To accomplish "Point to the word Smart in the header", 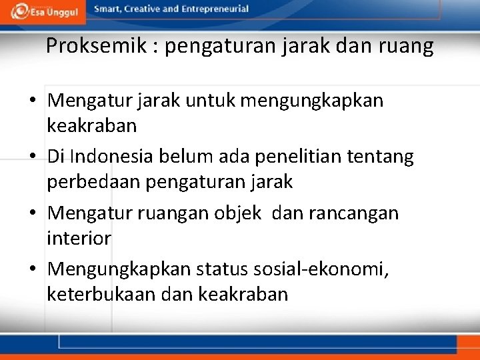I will pos(107,9).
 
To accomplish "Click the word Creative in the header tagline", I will pos(147,9).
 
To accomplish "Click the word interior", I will pos(79,237).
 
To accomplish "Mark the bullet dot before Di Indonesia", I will pos(33,157).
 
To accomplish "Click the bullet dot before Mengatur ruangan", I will pos(33,214).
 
